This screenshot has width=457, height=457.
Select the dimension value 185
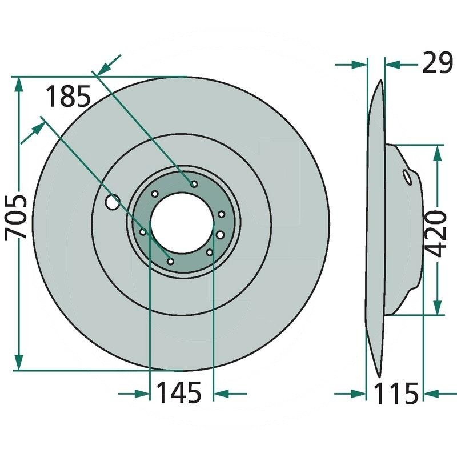click(67, 97)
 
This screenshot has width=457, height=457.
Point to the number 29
click(436, 63)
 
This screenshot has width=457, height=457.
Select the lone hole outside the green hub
click(113, 201)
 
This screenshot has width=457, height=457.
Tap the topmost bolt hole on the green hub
click(194, 184)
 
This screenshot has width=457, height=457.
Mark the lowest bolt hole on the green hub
click(170, 261)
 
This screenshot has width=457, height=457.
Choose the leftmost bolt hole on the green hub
click(143, 232)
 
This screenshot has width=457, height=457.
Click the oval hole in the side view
click(407, 177)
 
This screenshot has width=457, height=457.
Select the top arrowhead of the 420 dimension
click(438, 151)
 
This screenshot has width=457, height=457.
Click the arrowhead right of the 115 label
click(430, 393)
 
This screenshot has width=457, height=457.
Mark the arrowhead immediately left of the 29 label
click(392, 64)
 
